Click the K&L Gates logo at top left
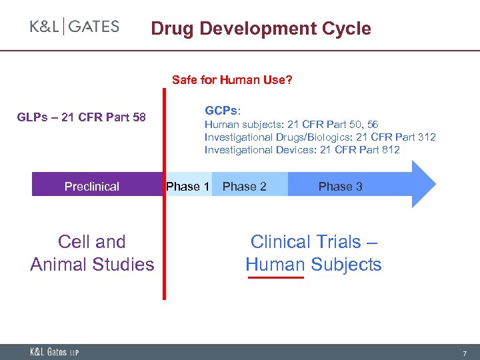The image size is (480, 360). [75, 27]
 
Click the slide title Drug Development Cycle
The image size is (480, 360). [261, 29]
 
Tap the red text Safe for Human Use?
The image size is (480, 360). [232, 80]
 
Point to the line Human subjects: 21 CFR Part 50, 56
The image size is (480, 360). [291, 125]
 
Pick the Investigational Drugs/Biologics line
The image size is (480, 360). [320, 137]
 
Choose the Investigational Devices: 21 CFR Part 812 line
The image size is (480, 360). [302, 149]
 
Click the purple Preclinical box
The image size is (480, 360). [92, 187]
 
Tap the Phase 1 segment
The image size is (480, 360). [188, 186]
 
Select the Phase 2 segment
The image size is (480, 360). [245, 187]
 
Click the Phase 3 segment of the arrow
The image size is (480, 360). [340, 187]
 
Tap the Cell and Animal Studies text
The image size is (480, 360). [92, 253]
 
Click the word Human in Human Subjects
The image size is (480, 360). [275, 265]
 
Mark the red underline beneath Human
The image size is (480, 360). [275, 277]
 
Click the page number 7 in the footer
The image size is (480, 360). [465, 351]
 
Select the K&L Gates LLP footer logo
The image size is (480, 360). [54, 351]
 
